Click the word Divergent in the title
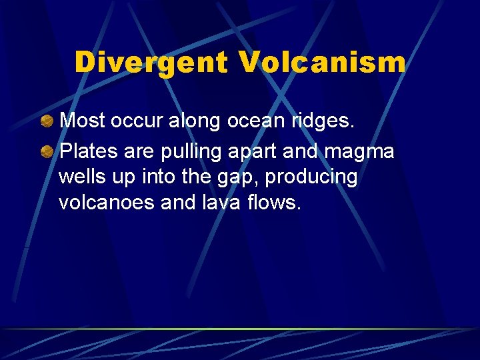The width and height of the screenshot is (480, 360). point(151,63)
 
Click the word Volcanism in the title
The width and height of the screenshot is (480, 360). point(321,63)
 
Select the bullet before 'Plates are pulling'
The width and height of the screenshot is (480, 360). point(47,152)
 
